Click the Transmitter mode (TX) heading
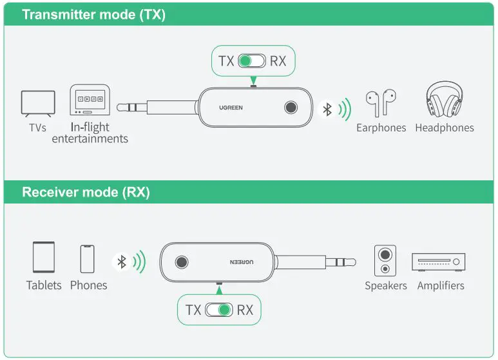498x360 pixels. click(93, 15)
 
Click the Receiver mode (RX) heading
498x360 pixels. click(86, 192)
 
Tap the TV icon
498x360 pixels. click(37, 104)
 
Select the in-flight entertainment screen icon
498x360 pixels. click(90, 101)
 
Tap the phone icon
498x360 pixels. click(88, 258)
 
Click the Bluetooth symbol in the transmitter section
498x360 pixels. click(327, 109)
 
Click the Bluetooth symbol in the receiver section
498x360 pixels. click(120, 262)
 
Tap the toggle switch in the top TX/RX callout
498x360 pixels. click(251, 61)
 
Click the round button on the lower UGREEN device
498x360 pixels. click(182, 262)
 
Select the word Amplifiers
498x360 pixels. click(441, 285)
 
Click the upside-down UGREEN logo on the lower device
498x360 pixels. click(242, 262)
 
